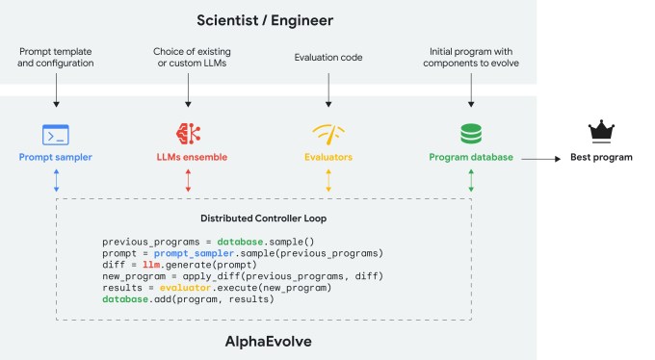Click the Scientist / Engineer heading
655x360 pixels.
[x=327, y=18]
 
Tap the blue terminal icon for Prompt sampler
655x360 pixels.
[x=55, y=134]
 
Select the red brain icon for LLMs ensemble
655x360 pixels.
[x=188, y=134]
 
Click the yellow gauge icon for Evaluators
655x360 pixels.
[x=328, y=134]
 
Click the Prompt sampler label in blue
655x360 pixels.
[x=55, y=156]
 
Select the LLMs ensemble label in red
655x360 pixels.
[x=188, y=156]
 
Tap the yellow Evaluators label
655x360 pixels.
[x=328, y=156]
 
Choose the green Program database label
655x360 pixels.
[x=470, y=156]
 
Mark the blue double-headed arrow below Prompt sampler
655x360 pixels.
[x=55, y=181]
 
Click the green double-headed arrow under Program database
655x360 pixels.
[x=470, y=181]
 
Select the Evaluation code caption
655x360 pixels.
[x=328, y=57]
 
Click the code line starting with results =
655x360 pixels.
[x=217, y=288]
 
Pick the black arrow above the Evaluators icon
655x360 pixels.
[x=328, y=92]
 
